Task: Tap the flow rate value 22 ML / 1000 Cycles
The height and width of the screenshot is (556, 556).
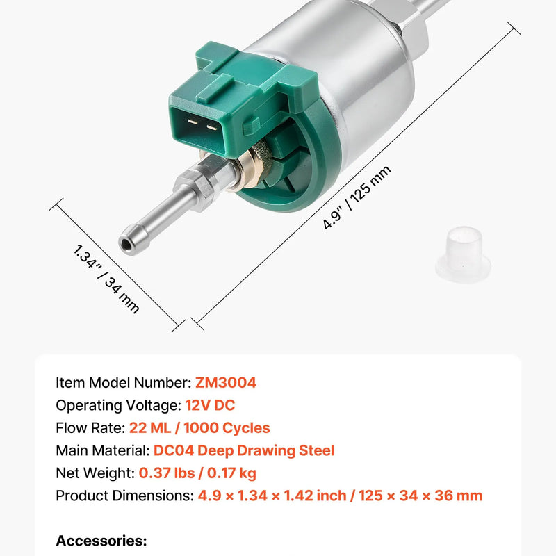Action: coord(199,428)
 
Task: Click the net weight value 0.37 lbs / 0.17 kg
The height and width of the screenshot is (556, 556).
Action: coord(197,473)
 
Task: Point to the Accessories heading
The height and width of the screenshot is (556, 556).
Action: coord(101,541)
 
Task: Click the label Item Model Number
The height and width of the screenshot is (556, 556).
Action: coord(121,383)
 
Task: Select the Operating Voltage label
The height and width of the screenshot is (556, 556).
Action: coord(118,405)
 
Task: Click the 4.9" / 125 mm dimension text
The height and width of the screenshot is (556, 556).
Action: coord(357,198)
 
